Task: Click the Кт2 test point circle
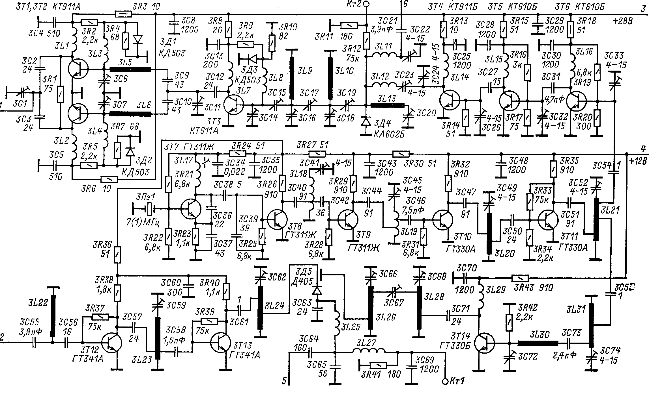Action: point(366,4)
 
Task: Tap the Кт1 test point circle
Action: point(445,382)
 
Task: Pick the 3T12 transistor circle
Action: point(112,343)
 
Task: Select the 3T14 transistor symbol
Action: point(484,343)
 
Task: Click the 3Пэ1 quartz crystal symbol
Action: point(148,209)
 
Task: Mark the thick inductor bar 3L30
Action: point(538,343)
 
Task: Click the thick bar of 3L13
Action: point(387,105)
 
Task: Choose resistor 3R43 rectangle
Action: point(520,278)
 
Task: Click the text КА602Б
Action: point(388,134)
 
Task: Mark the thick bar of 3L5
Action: point(130,69)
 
